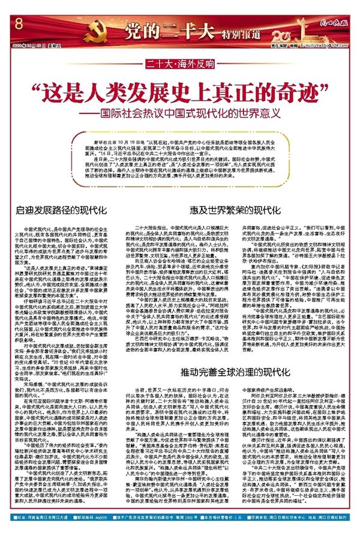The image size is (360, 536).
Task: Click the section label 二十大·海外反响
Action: point(180,62)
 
